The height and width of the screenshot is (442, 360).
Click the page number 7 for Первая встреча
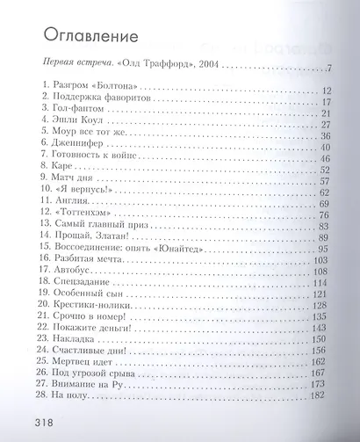click(325, 68)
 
